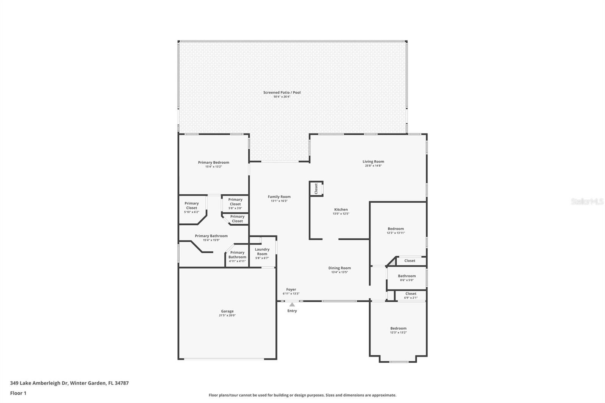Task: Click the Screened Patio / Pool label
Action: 282,92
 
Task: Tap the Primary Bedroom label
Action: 213,162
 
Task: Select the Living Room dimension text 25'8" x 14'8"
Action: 373,166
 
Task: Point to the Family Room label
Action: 279,197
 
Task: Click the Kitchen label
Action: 341,209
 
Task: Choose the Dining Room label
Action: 340,268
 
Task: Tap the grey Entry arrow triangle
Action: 292,305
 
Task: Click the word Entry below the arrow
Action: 292,311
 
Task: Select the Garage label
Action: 227,311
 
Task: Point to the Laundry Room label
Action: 262,251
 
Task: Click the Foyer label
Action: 291,289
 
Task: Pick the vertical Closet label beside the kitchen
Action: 316,189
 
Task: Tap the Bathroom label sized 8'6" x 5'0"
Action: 407,276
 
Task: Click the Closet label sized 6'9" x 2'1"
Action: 411,294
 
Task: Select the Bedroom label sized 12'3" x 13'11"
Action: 396,228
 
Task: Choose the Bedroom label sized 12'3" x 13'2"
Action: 398,328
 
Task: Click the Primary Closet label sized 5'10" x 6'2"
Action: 191,206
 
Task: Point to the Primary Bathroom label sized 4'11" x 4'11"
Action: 237,255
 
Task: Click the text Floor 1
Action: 18,393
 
